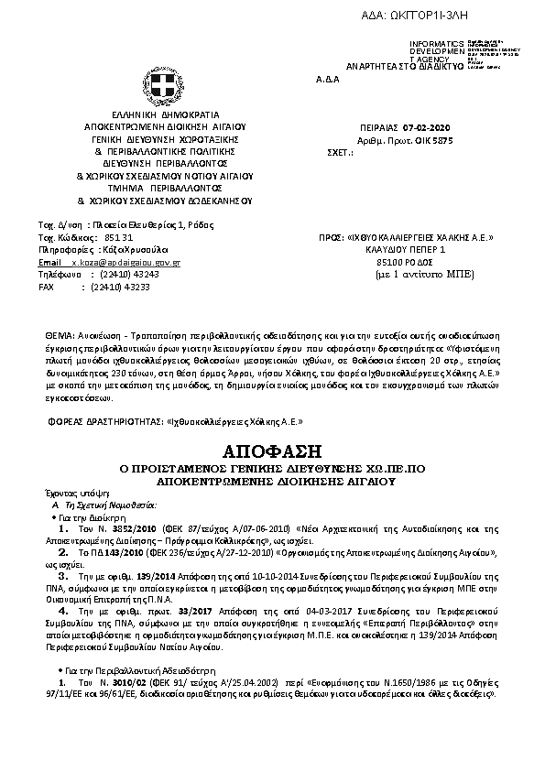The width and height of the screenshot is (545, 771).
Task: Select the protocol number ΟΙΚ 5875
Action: [432, 140]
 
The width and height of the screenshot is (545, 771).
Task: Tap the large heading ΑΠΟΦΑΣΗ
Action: [272, 451]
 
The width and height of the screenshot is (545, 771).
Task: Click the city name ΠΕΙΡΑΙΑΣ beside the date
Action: [382, 129]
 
